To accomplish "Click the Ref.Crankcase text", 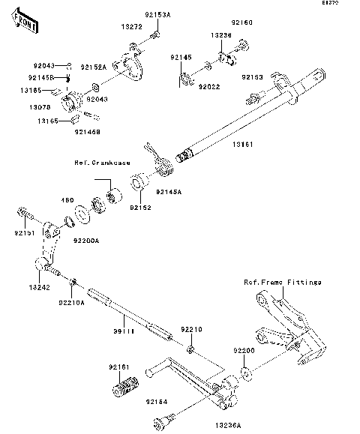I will (x=102, y=163).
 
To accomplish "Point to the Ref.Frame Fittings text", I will (x=283, y=283).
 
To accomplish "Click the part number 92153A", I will (x=158, y=14).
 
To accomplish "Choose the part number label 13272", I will (x=131, y=25).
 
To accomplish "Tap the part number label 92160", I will (x=243, y=23).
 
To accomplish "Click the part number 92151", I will (x=24, y=234).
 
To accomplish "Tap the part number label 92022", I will (x=208, y=87).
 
